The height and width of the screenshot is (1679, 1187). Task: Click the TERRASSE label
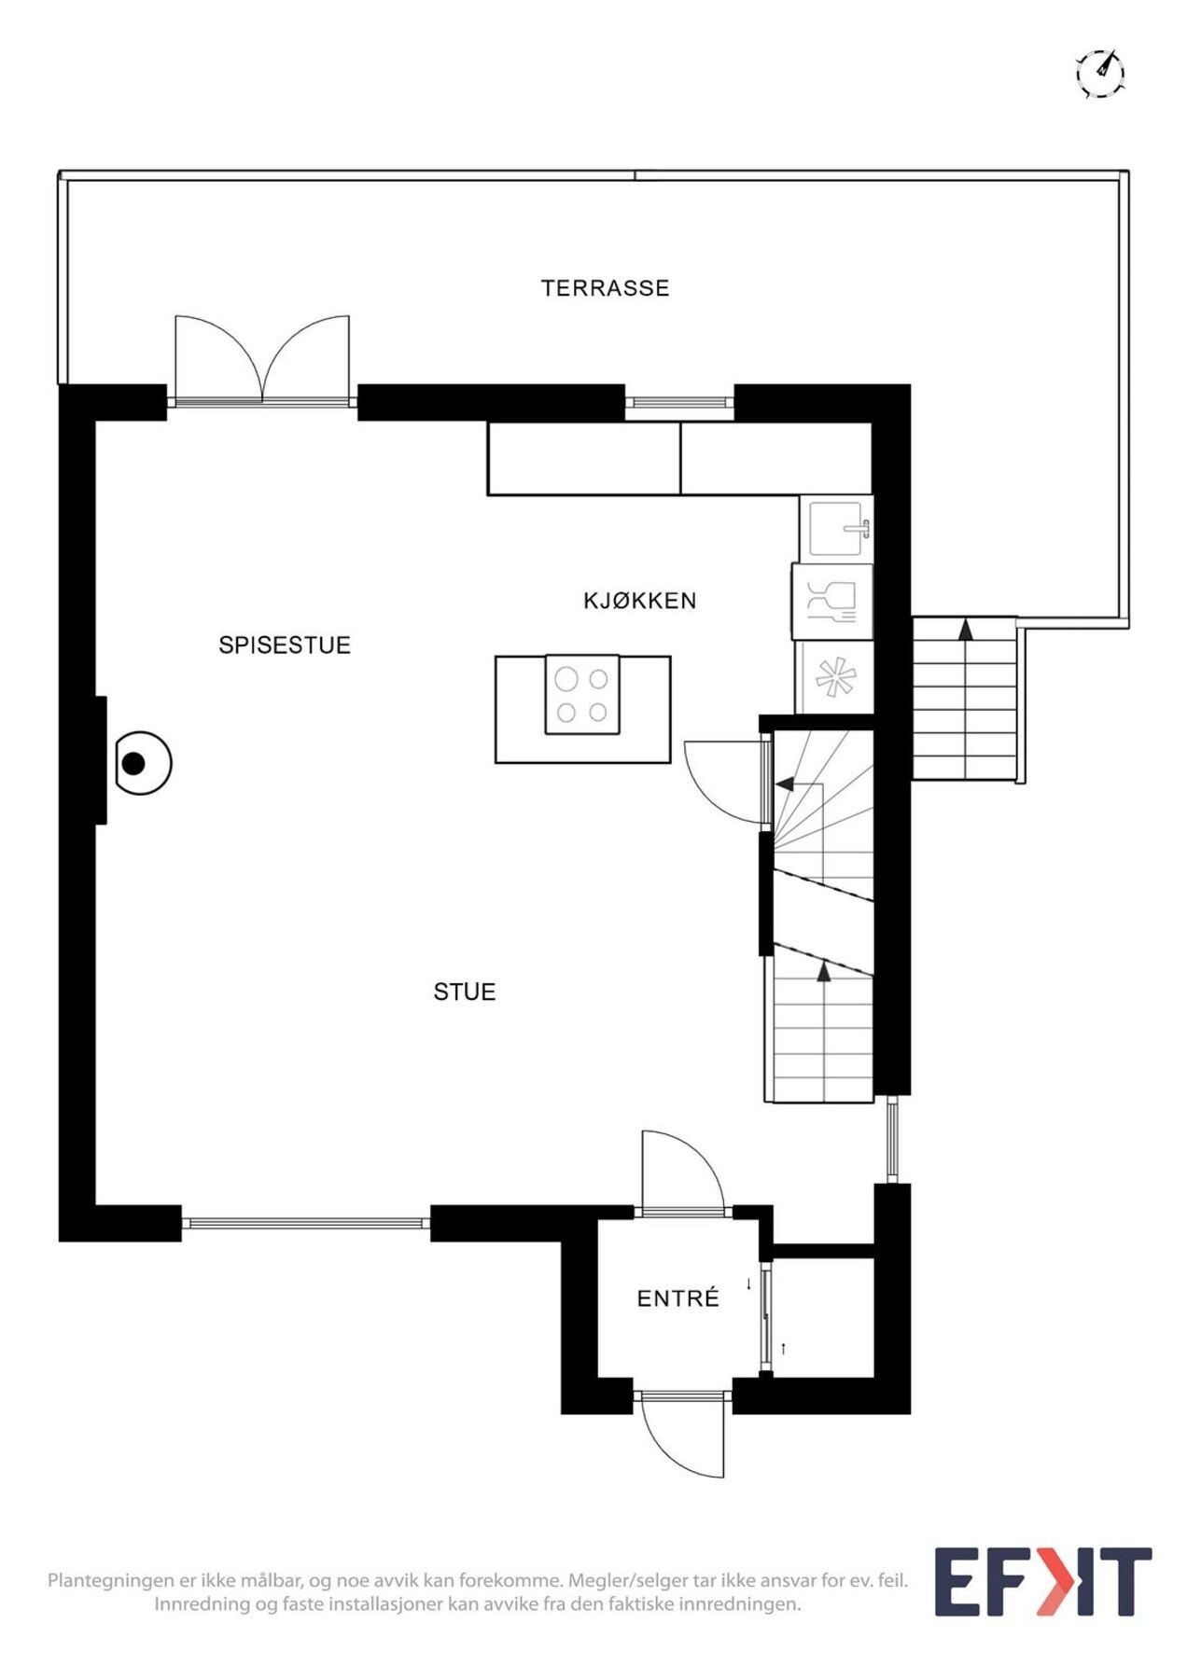(605, 288)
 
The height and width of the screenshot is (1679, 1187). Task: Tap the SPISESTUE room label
(285, 645)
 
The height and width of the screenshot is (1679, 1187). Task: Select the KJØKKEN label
(640, 601)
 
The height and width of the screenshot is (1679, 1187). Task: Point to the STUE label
(465, 992)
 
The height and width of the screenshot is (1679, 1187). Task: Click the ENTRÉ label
(678, 1298)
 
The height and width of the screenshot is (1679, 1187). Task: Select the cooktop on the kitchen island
(582, 695)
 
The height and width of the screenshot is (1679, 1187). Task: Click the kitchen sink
(837, 529)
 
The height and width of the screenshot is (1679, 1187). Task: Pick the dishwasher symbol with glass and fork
(832, 602)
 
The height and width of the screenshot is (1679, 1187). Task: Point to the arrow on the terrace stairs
(966, 630)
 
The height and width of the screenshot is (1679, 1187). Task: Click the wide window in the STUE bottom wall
(306, 1222)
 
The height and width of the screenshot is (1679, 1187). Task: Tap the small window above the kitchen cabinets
(679, 403)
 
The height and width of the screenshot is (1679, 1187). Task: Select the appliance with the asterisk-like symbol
(835, 677)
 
